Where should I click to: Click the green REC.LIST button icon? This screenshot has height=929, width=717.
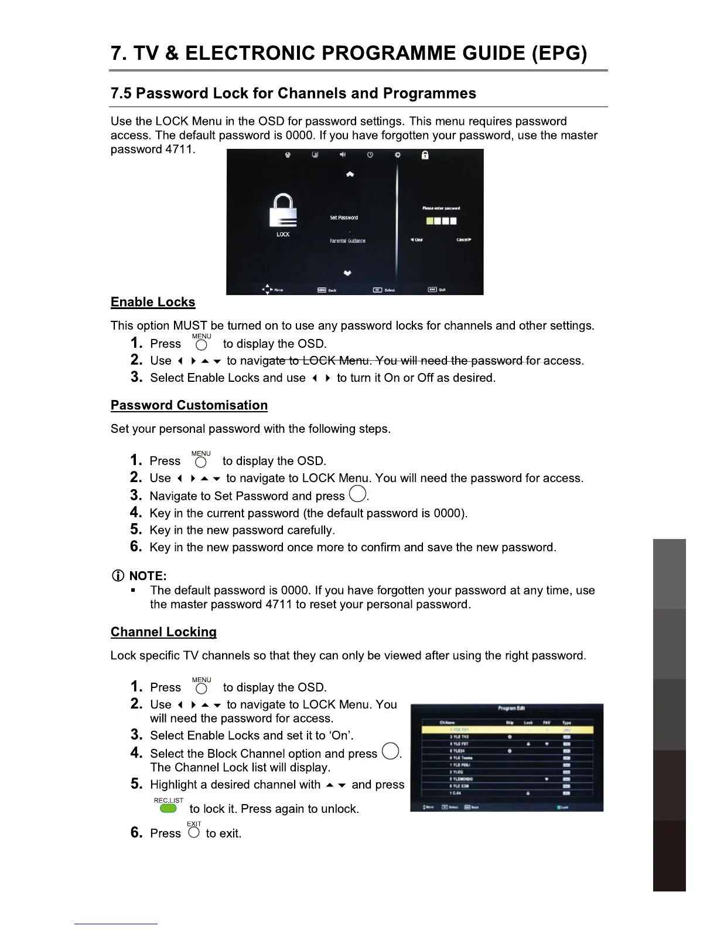(168, 808)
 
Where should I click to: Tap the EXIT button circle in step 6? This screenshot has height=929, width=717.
(194, 832)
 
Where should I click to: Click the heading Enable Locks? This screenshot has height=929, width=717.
(153, 302)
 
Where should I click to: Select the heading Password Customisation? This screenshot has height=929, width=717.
(189, 405)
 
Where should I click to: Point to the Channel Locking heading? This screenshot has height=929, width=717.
(163, 632)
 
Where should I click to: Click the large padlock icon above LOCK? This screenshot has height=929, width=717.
(283, 211)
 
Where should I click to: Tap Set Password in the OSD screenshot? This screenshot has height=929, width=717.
(344, 218)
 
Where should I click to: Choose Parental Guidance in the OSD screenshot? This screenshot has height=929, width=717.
(347, 240)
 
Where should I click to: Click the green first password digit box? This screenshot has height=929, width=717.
(429, 221)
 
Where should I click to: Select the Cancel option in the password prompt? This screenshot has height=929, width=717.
(463, 239)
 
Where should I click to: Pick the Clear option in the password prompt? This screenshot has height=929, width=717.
(416, 239)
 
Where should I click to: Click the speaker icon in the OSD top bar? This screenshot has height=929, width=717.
(343, 155)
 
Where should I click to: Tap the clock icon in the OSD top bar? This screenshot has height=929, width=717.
(370, 155)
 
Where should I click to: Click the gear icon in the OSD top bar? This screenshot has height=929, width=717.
(397, 155)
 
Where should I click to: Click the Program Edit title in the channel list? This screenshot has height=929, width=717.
(511, 708)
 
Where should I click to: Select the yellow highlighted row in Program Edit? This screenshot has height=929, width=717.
(507, 730)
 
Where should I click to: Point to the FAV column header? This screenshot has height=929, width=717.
(547, 723)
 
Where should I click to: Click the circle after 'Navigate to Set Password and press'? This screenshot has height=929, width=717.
(357, 494)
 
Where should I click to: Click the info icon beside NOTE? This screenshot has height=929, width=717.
(117, 576)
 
